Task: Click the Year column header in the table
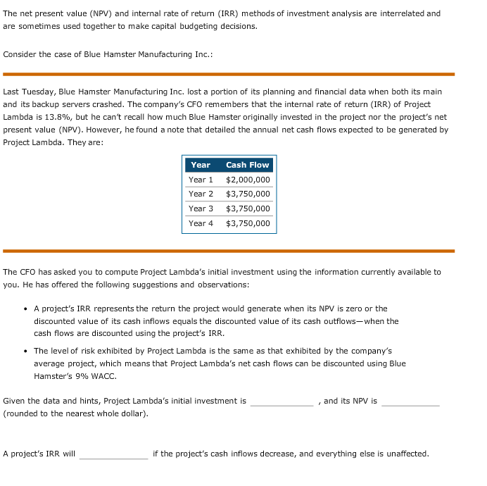click(201, 165)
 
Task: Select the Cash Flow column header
click(247, 165)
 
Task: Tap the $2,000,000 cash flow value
click(248, 180)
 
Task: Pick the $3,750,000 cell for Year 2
click(248, 194)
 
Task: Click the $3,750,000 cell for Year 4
click(248, 223)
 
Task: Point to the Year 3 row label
click(201, 208)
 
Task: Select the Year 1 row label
click(201, 180)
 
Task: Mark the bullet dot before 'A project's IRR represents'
click(25, 309)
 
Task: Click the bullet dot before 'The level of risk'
click(25, 351)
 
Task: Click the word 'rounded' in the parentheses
click(23, 413)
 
